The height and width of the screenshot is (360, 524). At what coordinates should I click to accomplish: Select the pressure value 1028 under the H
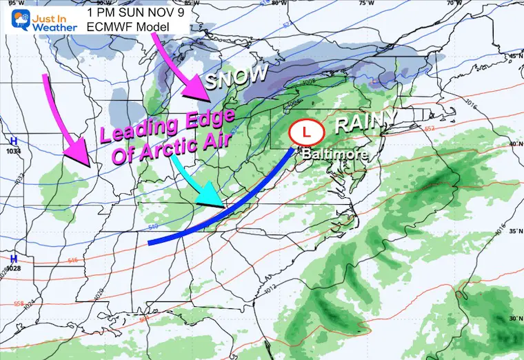point(13,268)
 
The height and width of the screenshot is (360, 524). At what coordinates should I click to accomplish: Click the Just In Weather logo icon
point(14,19)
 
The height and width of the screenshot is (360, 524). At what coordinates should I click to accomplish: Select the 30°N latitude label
point(513,319)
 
